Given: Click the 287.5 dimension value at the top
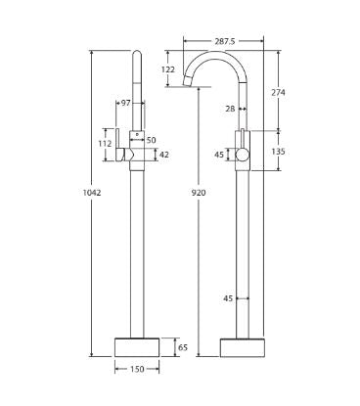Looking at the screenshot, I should coord(224,41).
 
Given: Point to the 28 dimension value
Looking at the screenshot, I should coord(229,109).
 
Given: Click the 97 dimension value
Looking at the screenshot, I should coord(124,102).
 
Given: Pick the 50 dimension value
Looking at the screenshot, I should coord(151,141).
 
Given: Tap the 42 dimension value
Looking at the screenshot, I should coord(163,154).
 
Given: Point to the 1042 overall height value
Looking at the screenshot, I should coord(93,193).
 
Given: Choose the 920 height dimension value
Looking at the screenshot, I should coord(200,193).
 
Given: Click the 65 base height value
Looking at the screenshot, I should coord(182,347).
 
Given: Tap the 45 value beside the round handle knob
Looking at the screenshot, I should coord(220,153).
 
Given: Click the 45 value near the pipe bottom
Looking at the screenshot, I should coord(229,298).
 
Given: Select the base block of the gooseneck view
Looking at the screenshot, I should coord(241,347).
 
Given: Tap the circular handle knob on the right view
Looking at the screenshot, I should coord(243,153).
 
